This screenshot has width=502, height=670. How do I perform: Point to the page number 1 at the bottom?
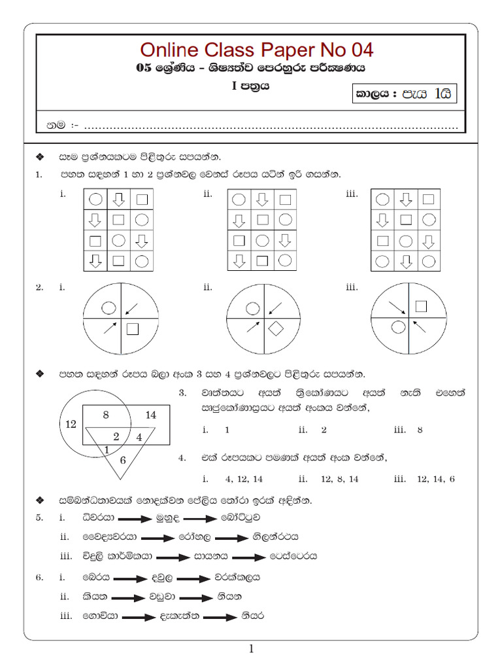251,649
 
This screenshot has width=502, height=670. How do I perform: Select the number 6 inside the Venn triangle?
122,460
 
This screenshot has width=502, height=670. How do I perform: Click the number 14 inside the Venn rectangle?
151,415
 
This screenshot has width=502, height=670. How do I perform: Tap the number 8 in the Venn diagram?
107,414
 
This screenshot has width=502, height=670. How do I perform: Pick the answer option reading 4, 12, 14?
244,479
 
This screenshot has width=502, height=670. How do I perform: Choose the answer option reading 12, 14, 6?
434,479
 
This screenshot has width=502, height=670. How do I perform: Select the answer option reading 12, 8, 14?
340,479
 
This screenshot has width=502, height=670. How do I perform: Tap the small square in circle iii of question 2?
421,306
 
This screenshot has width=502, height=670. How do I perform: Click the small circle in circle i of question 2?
109,307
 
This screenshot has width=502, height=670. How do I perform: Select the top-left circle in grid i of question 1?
95,199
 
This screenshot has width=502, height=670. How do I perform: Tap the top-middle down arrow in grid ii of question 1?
261,199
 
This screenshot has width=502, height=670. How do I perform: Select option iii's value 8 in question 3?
420,430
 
